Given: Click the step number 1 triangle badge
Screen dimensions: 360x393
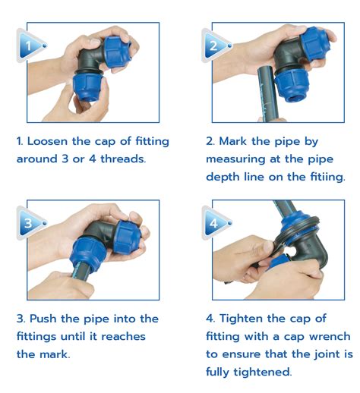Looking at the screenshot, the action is point(30,46).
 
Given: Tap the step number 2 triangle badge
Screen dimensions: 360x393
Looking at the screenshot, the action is point(216,46).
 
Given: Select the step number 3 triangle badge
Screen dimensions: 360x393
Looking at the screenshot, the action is point(30,223).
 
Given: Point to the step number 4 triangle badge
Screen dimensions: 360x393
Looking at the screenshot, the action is point(216,223).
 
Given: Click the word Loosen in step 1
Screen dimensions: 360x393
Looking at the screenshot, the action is point(48,141).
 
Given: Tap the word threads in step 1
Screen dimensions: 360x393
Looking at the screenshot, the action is point(123,159).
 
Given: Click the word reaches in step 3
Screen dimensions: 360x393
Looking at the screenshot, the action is point(124,337).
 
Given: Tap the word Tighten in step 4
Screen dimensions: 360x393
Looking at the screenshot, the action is point(241,319).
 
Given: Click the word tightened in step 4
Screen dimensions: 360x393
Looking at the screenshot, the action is point(263,372).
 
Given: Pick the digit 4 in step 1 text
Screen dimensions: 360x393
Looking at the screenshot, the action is point(93,159).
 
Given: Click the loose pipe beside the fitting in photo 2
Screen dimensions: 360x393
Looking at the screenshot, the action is point(267,94).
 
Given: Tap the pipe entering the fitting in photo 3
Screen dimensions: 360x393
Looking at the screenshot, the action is point(81,271).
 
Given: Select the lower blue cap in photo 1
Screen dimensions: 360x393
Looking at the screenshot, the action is point(87,86).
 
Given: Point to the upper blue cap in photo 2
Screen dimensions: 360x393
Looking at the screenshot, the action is point(316,43).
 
